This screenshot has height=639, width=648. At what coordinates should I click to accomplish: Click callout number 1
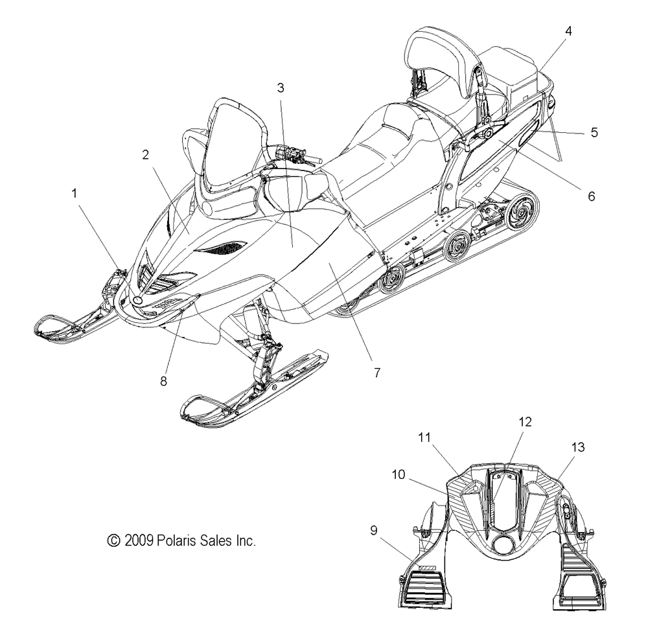click(x=75, y=193)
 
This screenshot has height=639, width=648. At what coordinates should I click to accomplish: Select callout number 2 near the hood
click(x=145, y=155)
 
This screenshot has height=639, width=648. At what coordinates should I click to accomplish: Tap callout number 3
click(x=281, y=87)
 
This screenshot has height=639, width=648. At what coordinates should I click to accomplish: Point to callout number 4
click(x=569, y=30)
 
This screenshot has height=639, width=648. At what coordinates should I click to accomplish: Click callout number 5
click(x=594, y=132)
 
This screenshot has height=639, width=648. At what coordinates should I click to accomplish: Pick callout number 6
click(x=592, y=196)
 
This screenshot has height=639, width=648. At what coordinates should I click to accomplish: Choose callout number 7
click(x=377, y=373)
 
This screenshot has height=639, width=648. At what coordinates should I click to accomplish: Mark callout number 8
click(x=164, y=381)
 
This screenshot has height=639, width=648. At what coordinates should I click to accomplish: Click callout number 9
click(x=374, y=530)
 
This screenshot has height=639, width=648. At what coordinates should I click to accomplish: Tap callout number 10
click(x=399, y=474)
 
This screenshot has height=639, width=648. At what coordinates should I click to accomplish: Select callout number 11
click(x=424, y=437)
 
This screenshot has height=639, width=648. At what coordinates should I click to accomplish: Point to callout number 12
click(x=525, y=422)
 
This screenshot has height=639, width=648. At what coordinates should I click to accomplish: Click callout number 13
click(x=578, y=447)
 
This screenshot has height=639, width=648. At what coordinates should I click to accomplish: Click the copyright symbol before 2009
click(x=113, y=540)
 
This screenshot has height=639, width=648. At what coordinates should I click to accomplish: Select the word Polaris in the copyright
click(x=177, y=540)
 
